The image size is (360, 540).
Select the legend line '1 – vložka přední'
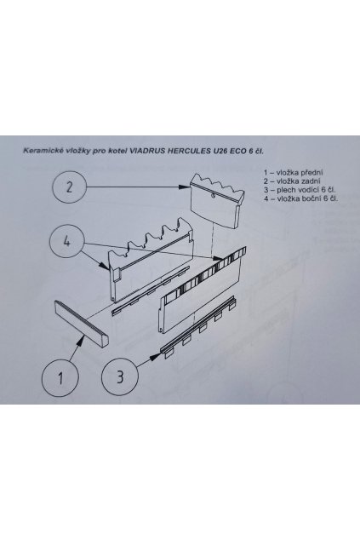tap(294, 173)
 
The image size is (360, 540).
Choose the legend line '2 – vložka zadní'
tap(293, 181)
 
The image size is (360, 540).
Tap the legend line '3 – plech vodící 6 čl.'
tap(300, 190)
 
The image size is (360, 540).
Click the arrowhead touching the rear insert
tap(181, 187)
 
